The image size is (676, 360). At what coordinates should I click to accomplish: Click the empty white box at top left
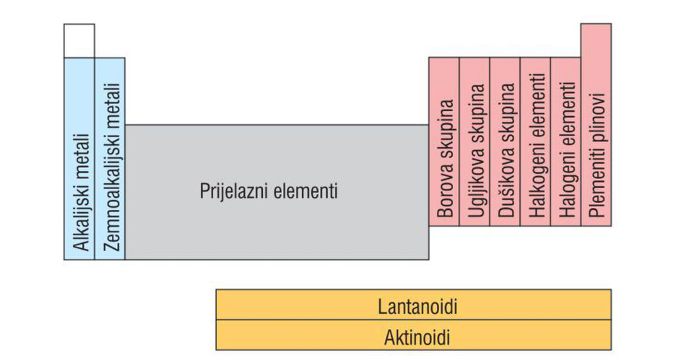[x=79, y=41]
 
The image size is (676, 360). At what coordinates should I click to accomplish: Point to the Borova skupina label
[x=446, y=159]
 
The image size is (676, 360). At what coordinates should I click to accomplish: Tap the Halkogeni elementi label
[x=537, y=145]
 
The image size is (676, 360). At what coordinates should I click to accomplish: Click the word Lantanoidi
[x=417, y=308]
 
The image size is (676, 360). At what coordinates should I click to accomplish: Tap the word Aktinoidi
[x=417, y=339]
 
